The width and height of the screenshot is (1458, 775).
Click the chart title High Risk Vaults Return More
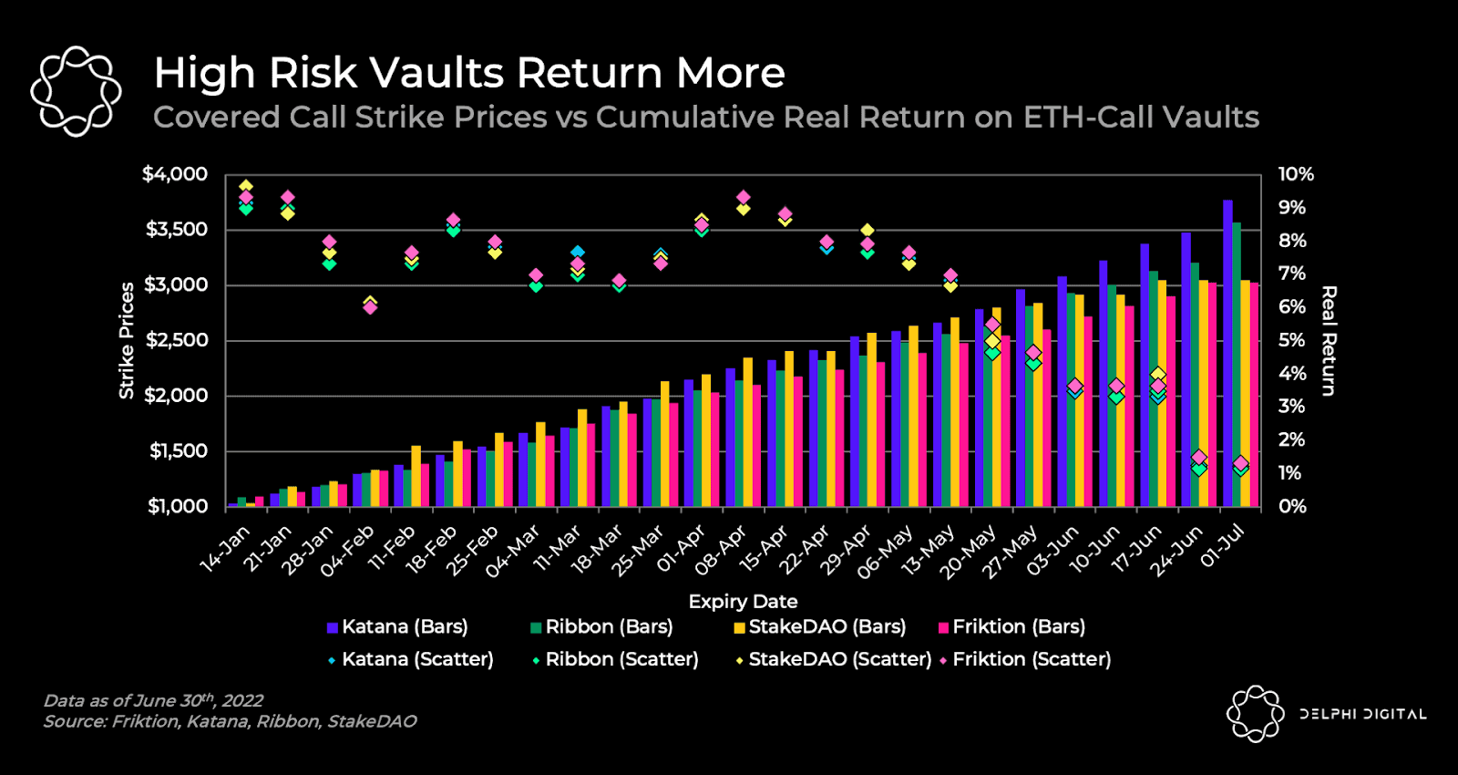point(469,73)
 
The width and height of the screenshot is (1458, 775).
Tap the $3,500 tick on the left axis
point(177,229)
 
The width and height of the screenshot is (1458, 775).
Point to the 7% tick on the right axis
point(1292,274)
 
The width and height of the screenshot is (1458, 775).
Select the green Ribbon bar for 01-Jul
point(1237,365)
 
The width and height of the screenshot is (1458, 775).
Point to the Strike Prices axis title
point(127,340)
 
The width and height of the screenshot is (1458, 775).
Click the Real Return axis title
point(1329,340)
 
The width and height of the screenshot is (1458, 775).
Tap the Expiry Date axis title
point(743,602)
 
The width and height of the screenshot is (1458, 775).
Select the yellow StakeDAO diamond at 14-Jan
point(246,186)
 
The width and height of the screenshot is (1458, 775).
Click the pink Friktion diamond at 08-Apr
point(744,197)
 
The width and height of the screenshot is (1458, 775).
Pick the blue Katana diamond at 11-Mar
point(578,252)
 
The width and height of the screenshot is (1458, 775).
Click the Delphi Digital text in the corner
point(1362,714)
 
